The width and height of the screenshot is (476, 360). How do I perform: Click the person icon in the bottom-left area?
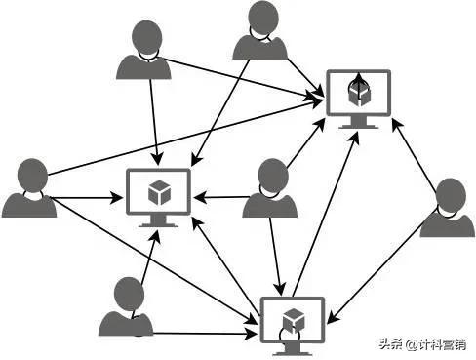[x=127, y=307]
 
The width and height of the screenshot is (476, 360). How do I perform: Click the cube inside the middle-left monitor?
[x=157, y=193]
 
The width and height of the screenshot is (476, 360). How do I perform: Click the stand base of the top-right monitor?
[x=358, y=127]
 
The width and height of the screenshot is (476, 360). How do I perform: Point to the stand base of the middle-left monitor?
[x=157, y=225]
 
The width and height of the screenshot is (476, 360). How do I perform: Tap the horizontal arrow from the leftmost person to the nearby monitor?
[x=88, y=199]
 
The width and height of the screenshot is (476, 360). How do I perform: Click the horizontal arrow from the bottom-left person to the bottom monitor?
[x=205, y=332]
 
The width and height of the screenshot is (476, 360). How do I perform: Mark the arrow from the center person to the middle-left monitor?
[x=219, y=197]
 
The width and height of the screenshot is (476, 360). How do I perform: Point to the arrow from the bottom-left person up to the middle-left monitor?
[x=146, y=259]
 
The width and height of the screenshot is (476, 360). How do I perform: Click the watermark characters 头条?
[x=391, y=344]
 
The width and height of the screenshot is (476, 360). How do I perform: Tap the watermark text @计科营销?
[x=436, y=344]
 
